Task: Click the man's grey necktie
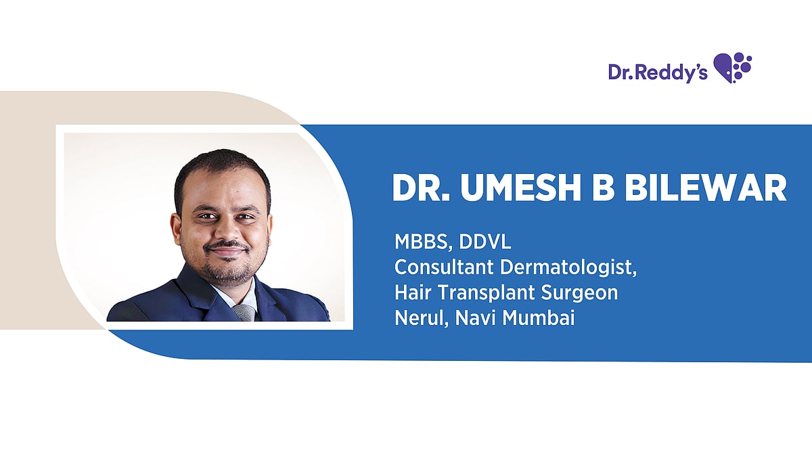pos(244,312)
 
